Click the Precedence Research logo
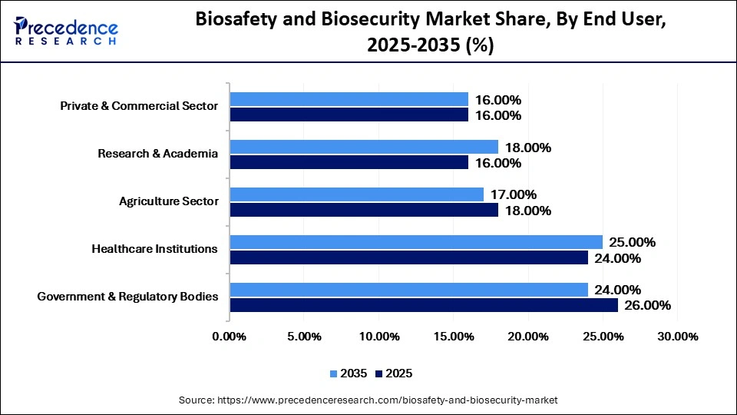pyautogui.click(x=66, y=31)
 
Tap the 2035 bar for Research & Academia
pyautogui.click(x=364, y=147)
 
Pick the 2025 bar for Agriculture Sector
pyautogui.click(x=364, y=210)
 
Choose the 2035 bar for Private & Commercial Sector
pyautogui.click(x=349, y=99)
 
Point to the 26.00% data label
pyautogui.click(x=648, y=305)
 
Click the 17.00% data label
pyautogui.click(x=514, y=194)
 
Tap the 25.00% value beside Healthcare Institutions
pyautogui.click(x=633, y=242)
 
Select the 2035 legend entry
pyautogui.click(x=349, y=373)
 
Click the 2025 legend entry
pyautogui.click(x=395, y=373)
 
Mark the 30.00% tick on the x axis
pyautogui.click(x=679, y=337)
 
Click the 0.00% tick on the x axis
pyautogui.click(x=229, y=337)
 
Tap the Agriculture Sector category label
pyautogui.click(x=168, y=201)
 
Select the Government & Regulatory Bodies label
pyautogui.click(x=127, y=297)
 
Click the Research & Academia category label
pyautogui.click(x=157, y=154)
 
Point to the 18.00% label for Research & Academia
pyautogui.click(x=528, y=147)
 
